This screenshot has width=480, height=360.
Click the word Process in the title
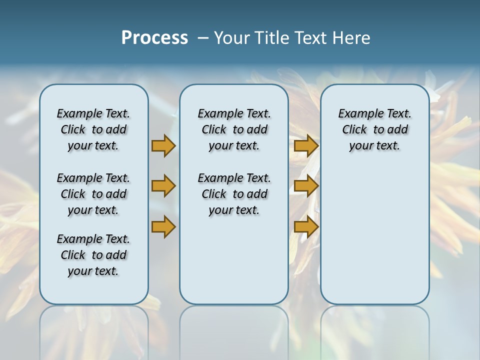coord(154,38)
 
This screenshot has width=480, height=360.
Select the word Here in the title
coord(351,38)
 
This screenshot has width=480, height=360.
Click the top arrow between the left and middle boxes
coord(163,145)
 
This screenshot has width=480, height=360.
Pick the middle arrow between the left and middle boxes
coord(163,186)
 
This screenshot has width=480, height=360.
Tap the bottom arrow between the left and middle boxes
coord(163,226)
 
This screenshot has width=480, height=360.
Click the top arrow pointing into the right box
coord(306,145)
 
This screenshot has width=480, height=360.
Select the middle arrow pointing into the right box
coord(306,186)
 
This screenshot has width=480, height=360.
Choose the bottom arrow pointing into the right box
coord(306,226)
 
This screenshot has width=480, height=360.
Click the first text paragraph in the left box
coord(93,129)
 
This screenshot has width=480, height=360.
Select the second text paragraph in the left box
coord(93,194)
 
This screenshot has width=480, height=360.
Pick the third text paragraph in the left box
coord(93,255)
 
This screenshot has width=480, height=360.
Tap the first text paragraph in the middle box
coord(234,129)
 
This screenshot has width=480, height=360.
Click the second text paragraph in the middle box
coord(234,194)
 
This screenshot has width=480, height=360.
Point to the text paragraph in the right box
coord(374,129)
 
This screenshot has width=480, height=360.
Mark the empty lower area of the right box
coord(374,230)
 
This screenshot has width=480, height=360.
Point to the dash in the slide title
coord(203,38)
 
